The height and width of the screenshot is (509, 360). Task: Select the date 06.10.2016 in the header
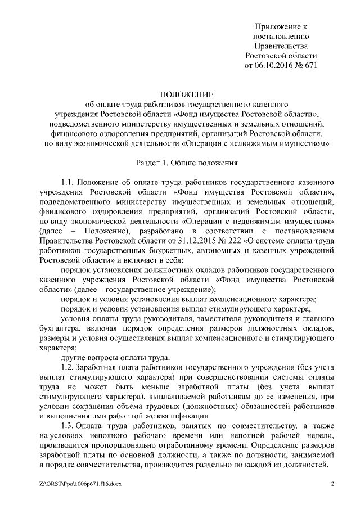(x=277, y=65)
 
